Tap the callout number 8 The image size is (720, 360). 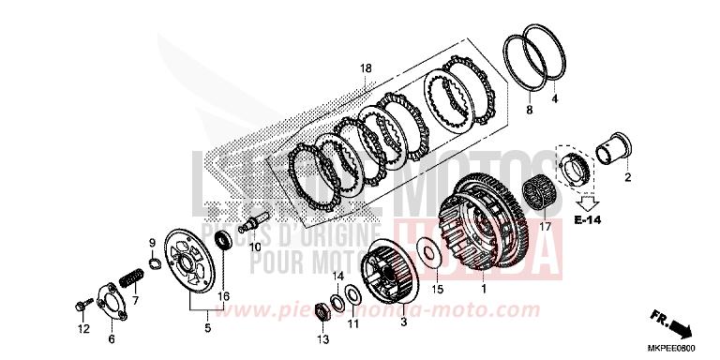click(529, 111)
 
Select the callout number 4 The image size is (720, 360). click(553, 98)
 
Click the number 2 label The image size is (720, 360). click(653, 176)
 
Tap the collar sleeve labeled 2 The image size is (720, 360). click(619, 148)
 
